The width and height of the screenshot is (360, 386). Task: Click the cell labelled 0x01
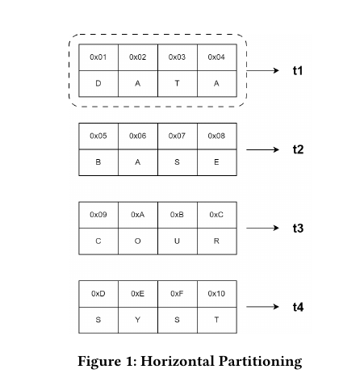[98, 57]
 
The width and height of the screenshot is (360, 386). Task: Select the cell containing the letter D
[98, 84]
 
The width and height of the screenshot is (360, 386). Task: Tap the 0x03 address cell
[178, 57]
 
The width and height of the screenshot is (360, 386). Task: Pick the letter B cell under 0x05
[98, 162]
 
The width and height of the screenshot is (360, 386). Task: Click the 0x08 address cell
[217, 136]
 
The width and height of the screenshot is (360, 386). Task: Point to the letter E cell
[217, 162]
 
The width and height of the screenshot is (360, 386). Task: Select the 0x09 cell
[98, 215]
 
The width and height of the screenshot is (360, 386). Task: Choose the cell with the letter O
[138, 241]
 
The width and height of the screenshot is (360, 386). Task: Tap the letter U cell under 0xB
[178, 241]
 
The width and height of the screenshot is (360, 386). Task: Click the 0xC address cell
[217, 215]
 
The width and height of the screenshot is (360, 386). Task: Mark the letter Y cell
[138, 320]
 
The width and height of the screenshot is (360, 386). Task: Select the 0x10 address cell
[217, 294]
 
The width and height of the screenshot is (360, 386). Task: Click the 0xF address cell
[178, 294]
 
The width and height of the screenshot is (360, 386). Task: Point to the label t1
[298, 70]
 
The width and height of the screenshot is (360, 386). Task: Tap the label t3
[298, 228]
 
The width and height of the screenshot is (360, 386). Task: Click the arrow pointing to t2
[262, 149]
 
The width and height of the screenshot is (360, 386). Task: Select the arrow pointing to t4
[262, 307]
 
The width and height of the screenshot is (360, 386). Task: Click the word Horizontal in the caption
[178, 361]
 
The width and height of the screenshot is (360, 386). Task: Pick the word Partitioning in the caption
[260, 362]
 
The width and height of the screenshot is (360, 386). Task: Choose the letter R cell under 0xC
[217, 241]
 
